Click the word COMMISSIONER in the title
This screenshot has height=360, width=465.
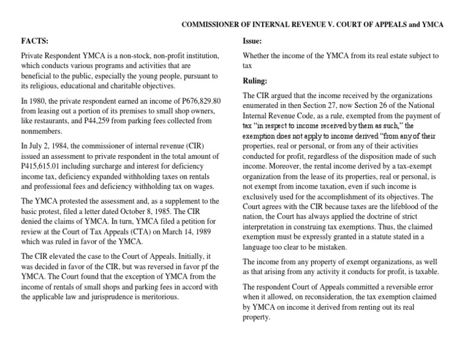pyautogui.click(x=211, y=24)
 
